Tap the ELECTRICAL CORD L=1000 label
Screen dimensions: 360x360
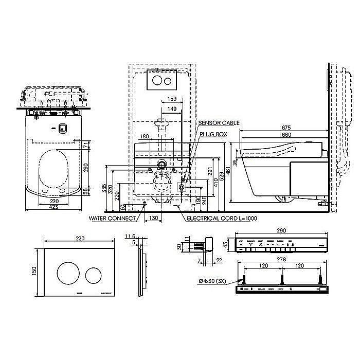tap(222, 218)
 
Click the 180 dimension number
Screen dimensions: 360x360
tap(145, 137)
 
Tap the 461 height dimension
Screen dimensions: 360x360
tap(229, 169)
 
